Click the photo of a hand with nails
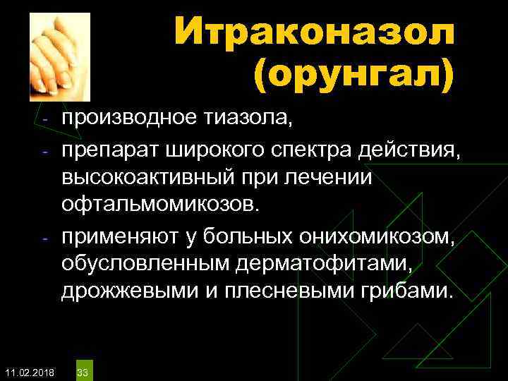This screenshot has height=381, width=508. point(61,56)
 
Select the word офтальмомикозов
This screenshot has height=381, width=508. point(160,204)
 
